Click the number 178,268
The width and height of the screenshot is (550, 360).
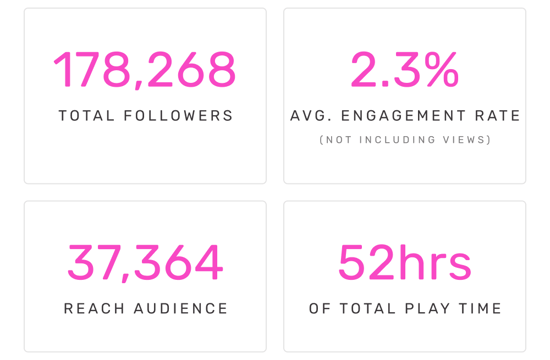145,70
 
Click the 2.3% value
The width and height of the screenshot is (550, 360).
405,70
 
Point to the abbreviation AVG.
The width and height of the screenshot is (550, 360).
308,116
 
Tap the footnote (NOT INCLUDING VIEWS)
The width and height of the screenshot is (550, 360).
405,140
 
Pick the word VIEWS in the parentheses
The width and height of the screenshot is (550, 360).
468,140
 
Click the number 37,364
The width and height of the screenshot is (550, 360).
145,263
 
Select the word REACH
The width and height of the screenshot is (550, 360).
95,309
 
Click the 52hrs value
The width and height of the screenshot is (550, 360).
405,263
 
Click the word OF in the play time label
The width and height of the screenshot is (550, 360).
320,309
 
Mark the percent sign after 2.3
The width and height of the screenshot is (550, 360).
439,70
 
